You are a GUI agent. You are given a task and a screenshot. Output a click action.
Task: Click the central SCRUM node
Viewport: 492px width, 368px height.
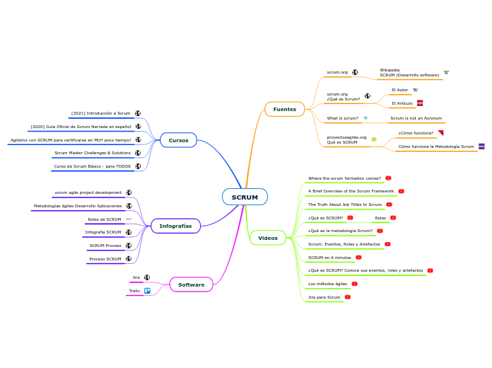click(x=245, y=197)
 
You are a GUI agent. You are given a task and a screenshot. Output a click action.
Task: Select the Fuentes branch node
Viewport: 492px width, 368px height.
click(x=284, y=109)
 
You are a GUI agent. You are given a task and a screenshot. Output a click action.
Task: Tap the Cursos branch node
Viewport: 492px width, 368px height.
click(x=178, y=140)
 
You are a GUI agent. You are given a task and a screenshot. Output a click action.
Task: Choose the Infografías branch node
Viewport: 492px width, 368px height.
click(x=175, y=226)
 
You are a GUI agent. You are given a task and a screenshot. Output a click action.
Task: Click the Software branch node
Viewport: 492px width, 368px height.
click(x=191, y=284)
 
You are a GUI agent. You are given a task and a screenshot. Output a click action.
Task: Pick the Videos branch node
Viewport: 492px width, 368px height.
click(x=268, y=238)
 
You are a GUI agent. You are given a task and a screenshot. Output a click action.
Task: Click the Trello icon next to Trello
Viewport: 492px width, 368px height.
click(x=147, y=291)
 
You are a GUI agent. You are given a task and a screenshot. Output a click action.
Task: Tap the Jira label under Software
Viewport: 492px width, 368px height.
click(x=136, y=277)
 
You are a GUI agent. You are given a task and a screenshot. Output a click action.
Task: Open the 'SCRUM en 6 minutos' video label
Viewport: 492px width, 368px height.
click(x=329, y=258)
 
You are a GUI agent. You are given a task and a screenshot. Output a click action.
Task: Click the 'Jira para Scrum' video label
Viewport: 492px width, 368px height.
click(x=324, y=297)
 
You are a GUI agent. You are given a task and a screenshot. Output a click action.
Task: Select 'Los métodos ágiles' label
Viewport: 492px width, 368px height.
click(x=327, y=284)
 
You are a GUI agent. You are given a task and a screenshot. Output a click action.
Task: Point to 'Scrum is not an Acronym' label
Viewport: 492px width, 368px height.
click(x=416, y=118)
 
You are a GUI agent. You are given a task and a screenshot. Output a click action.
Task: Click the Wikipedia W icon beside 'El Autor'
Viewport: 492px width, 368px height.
click(x=415, y=90)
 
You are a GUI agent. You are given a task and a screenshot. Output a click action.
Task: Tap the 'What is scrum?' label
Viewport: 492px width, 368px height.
click(x=342, y=118)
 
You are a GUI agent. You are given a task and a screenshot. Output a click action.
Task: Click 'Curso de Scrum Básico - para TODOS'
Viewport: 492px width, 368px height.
click(x=92, y=166)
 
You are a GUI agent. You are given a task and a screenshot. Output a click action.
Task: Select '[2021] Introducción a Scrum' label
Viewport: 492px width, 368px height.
click(x=100, y=113)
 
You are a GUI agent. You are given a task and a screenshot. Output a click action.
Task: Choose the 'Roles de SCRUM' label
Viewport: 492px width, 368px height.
click(x=105, y=219)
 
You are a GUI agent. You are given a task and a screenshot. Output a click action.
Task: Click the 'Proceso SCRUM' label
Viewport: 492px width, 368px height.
click(x=105, y=259)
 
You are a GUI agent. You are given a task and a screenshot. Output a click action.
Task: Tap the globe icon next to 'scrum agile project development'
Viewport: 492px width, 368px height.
click(x=129, y=192)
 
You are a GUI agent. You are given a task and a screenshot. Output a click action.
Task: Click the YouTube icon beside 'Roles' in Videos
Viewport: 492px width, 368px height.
click(x=393, y=218)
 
